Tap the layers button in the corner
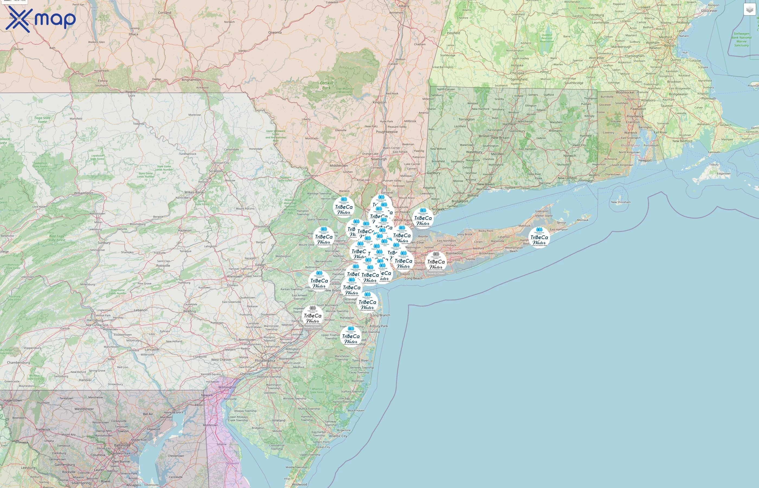750,10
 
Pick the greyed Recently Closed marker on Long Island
436,262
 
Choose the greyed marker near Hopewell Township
313,316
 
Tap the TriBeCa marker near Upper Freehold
351,337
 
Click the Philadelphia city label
265,361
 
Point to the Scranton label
216,171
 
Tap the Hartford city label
509,124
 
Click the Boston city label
670,45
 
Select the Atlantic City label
338,436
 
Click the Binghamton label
191,80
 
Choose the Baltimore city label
122,445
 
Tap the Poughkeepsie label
387,132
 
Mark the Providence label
635,116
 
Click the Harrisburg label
95,320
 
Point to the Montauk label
583,220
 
